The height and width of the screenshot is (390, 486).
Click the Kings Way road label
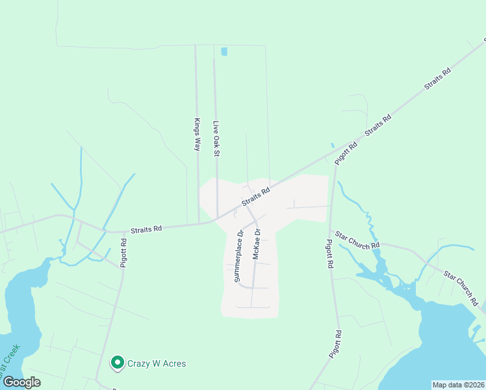(197, 135)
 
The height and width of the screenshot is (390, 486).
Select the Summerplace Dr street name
(237, 256)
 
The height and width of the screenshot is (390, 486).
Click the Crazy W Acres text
(157, 363)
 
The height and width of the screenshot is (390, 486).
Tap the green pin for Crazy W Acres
(118, 363)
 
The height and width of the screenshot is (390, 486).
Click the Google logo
(21, 382)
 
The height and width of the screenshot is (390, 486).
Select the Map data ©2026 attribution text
(458, 385)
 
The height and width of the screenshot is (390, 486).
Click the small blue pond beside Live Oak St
(224, 51)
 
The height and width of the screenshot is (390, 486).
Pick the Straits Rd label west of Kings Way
(146, 229)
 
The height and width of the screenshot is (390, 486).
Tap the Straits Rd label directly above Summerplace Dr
(255, 198)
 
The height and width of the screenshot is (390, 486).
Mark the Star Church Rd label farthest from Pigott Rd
(461, 288)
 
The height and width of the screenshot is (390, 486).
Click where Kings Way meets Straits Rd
(199, 223)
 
